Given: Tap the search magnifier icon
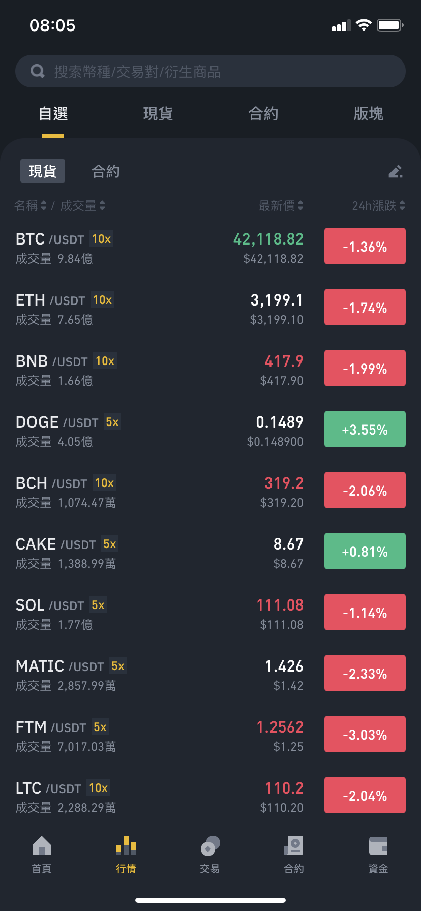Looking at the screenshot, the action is (38, 71).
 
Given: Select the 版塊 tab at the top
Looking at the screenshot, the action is (368, 113).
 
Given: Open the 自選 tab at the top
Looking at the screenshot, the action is (53, 113).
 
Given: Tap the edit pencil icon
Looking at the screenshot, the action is (396, 171).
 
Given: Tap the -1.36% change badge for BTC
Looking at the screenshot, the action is (365, 246).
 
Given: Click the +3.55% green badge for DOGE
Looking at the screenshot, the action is (365, 429).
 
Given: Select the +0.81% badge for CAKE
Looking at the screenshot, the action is (365, 551).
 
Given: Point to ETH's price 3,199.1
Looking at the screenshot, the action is (277, 300).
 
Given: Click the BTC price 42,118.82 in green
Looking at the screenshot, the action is (268, 239).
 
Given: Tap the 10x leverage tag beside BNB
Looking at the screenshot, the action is (105, 361).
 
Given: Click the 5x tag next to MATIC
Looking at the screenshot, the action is (118, 666).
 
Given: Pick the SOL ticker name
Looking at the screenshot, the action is (30, 605).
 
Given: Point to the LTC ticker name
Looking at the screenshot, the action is (28, 788).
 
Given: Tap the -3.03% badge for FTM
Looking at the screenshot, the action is (365, 734).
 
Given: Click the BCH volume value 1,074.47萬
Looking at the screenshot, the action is (87, 503).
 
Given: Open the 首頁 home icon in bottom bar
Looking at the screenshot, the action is (42, 846).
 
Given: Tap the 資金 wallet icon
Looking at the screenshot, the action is (378, 846).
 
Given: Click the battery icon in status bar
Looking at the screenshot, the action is (390, 25).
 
